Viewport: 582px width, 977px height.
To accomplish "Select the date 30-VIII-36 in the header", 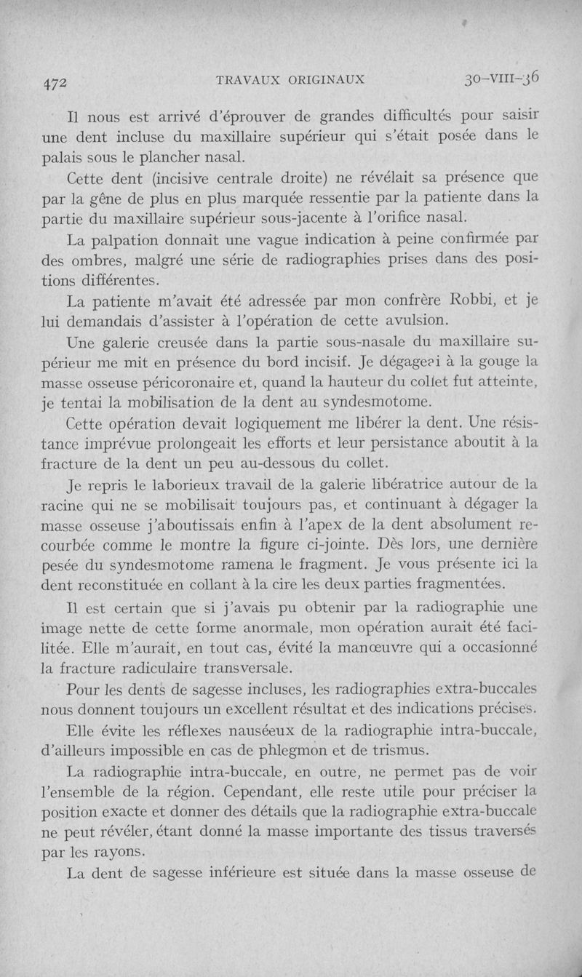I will (x=502, y=77).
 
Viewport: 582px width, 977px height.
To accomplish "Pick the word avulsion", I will (x=428, y=321).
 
